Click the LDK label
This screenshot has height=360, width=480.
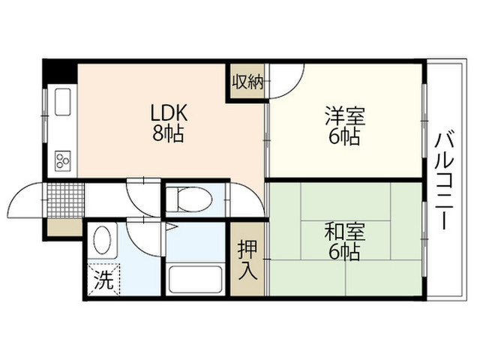168,113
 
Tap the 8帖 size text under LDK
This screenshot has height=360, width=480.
168,133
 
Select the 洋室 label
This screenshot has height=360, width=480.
345,116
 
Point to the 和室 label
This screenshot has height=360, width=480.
345,232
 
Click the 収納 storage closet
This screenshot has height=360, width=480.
247,82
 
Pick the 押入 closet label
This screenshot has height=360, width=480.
247,259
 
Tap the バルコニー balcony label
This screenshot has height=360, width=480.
444,181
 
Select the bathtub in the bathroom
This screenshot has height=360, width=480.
195,279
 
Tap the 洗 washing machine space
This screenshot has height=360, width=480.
103,280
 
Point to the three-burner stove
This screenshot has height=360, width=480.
63,161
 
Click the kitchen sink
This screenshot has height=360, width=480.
63,102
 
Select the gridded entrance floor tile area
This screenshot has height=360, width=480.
65,200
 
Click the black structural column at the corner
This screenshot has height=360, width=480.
59,71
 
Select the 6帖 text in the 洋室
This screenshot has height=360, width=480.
344,136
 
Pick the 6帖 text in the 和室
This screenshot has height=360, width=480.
344,252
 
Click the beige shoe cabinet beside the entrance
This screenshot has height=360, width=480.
64,227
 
